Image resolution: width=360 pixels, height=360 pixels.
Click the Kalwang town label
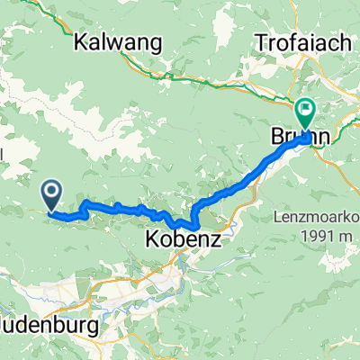point(119,41)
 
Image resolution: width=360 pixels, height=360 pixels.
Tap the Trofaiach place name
point(301,41)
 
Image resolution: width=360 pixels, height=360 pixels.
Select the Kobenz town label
point(178,240)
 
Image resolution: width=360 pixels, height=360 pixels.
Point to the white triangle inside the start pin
point(51,190)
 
